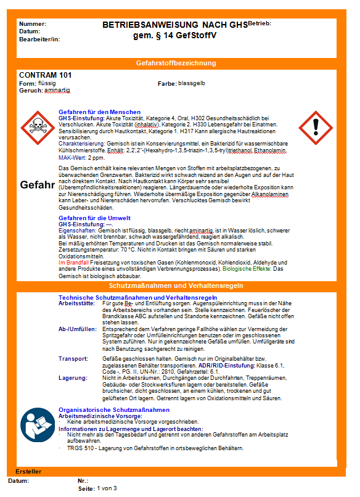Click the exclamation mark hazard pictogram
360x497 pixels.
click(x=317, y=127)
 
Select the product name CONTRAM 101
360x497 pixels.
click(x=46, y=75)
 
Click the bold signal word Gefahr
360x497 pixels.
click(x=38, y=184)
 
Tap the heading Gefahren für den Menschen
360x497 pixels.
click(x=95, y=112)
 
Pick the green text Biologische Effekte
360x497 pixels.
click(x=247, y=269)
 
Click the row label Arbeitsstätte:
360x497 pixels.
click(x=77, y=303)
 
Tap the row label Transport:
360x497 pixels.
click(x=73, y=358)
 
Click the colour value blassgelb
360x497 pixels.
click(x=192, y=83)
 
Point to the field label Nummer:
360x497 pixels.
click(x=33, y=23)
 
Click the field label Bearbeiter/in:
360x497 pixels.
click(x=39, y=39)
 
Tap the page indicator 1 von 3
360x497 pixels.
click(x=106, y=488)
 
